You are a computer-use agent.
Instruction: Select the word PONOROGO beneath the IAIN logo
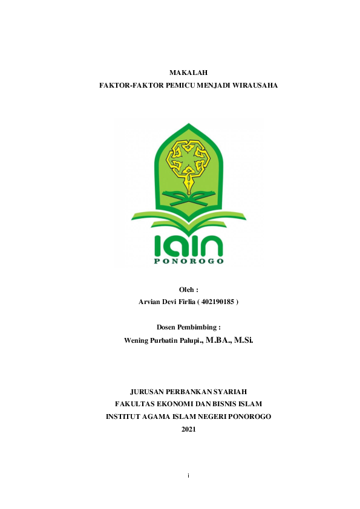[188, 261]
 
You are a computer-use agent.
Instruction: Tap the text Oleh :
[188, 290]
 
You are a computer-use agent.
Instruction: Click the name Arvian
[151, 301]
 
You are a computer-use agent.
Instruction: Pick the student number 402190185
[217, 301]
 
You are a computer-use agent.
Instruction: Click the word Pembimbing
[198, 327]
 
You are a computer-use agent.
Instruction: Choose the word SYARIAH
[231, 392]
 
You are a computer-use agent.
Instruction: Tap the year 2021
[189, 429]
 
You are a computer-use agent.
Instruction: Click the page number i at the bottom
[189, 476]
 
